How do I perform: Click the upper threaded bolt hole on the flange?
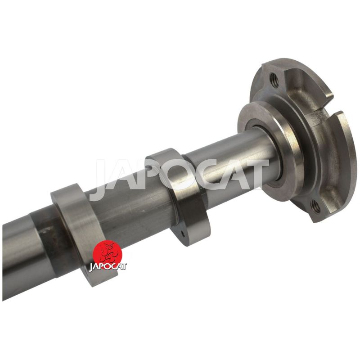pos(274,80)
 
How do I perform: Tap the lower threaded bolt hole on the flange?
pos(315,206)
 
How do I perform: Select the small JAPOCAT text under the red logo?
pos(108,267)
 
